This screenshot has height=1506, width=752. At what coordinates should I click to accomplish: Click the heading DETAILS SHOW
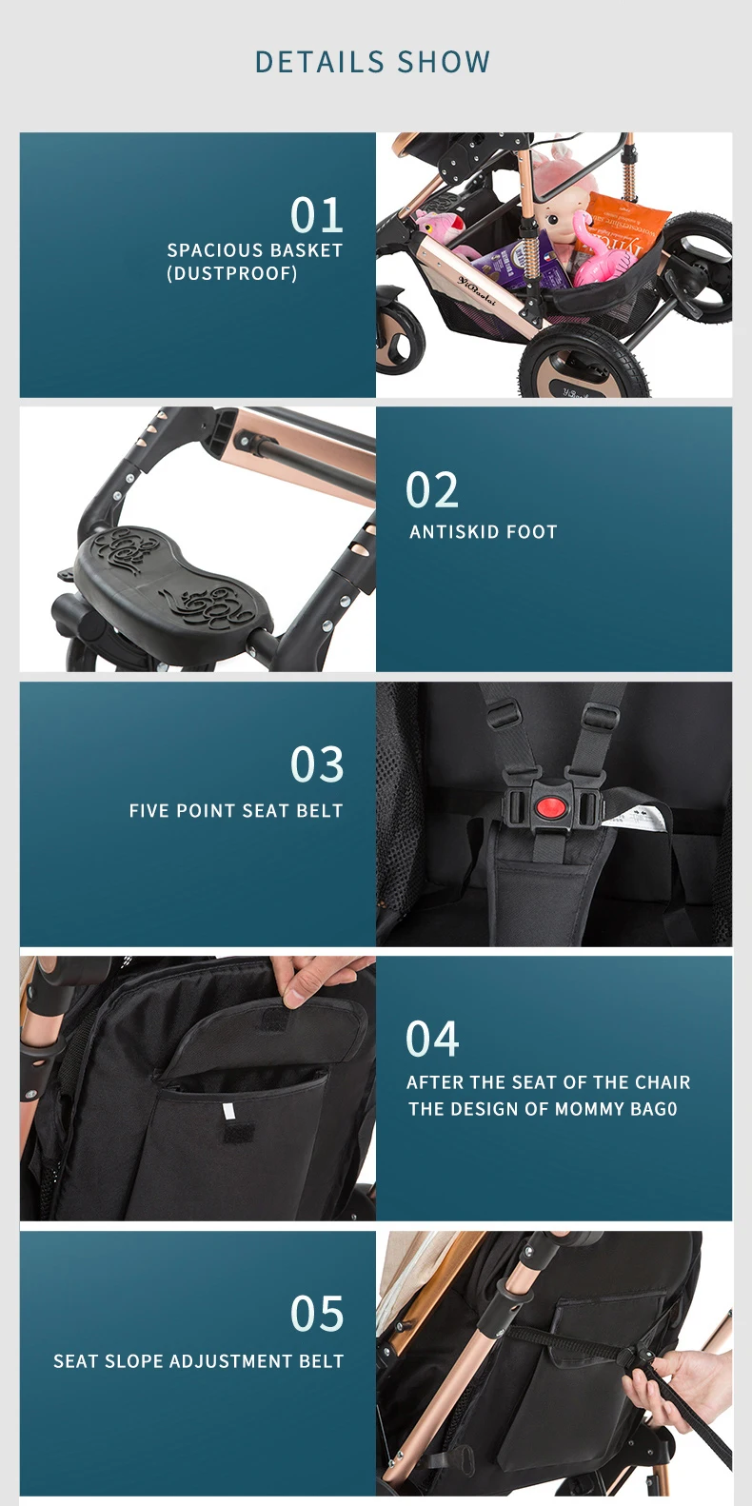372,62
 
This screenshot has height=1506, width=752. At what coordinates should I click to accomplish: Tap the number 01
317,215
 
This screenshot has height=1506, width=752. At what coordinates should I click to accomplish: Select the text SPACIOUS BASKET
255,250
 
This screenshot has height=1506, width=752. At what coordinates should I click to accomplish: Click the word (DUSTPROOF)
232,273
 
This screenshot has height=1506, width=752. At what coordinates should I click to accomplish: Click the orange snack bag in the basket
625,228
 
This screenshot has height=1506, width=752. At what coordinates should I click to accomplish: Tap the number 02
431,490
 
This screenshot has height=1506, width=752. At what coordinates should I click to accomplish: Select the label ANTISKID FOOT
484,532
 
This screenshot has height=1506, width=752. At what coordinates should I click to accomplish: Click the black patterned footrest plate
172,580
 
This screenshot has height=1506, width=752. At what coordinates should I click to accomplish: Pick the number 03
317,764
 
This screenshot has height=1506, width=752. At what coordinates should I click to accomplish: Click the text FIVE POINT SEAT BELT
236,810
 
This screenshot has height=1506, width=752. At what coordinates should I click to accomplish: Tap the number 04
432,1039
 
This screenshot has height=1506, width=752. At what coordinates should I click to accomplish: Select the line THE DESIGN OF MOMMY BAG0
543,1109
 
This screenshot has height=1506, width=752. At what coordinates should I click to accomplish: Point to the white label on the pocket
229,1111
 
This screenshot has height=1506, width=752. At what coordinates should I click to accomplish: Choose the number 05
317,1314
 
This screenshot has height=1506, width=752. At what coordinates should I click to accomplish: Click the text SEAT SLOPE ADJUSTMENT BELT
198,1360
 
